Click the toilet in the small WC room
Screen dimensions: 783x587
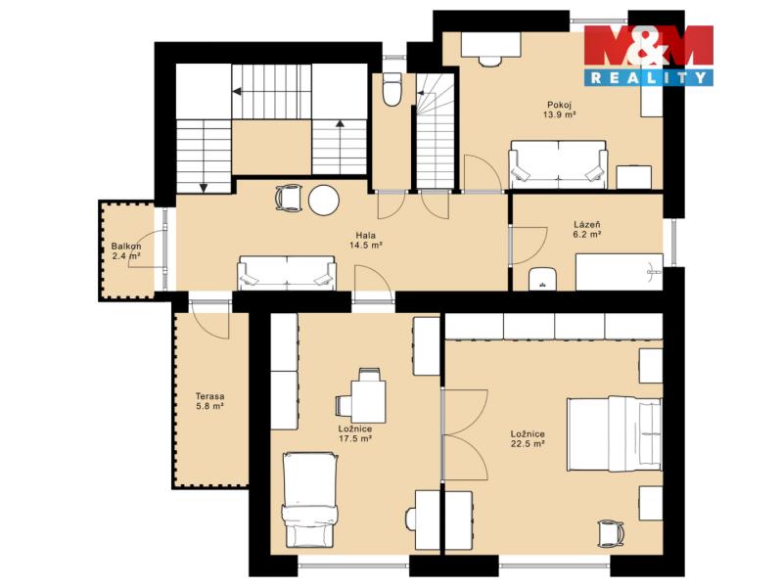[x=391, y=89]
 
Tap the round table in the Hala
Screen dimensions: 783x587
[x=324, y=201]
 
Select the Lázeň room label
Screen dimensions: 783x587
[x=586, y=225]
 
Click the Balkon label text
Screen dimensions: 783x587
[x=126, y=247]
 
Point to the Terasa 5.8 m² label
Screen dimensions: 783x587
[x=209, y=401]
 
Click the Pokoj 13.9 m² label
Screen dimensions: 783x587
[x=559, y=110]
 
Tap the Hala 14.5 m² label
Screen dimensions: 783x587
[x=366, y=240]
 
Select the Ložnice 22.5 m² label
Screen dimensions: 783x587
[x=528, y=438]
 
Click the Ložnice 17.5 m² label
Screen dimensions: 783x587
[x=355, y=433]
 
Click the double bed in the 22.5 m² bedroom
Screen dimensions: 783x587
[x=615, y=434]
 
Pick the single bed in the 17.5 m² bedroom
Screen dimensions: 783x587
[x=309, y=500]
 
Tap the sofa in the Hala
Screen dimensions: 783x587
[x=287, y=273]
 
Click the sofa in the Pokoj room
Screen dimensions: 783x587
[x=558, y=164]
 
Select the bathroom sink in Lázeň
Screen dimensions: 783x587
[x=542, y=279]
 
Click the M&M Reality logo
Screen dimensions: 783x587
[x=649, y=55]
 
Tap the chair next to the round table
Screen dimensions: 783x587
[x=289, y=199]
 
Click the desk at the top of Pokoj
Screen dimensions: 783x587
[x=491, y=44]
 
